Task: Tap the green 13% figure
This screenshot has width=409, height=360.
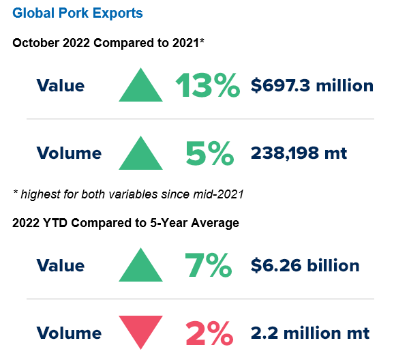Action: (x=208, y=86)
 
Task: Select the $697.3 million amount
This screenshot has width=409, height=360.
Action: (x=312, y=86)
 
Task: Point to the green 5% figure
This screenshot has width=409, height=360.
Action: (x=209, y=153)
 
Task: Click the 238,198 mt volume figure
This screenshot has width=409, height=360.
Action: (x=299, y=153)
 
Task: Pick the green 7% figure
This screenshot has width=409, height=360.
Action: (x=208, y=265)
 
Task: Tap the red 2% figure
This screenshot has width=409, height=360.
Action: (x=209, y=333)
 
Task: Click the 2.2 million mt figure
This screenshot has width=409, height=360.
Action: (x=310, y=333)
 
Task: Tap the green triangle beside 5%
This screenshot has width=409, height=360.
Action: (x=140, y=155)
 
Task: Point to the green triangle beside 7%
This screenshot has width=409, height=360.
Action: (x=140, y=267)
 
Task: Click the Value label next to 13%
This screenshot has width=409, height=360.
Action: (x=61, y=86)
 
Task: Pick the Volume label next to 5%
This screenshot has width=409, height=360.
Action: (x=69, y=153)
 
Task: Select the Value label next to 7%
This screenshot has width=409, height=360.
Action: (x=61, y=265)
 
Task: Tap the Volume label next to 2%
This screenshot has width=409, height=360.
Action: (x=69, y=333)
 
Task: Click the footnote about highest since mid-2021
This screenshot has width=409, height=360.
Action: (x=128, y=194)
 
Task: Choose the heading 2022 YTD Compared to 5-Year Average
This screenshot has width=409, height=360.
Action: (x=125, y=223)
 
